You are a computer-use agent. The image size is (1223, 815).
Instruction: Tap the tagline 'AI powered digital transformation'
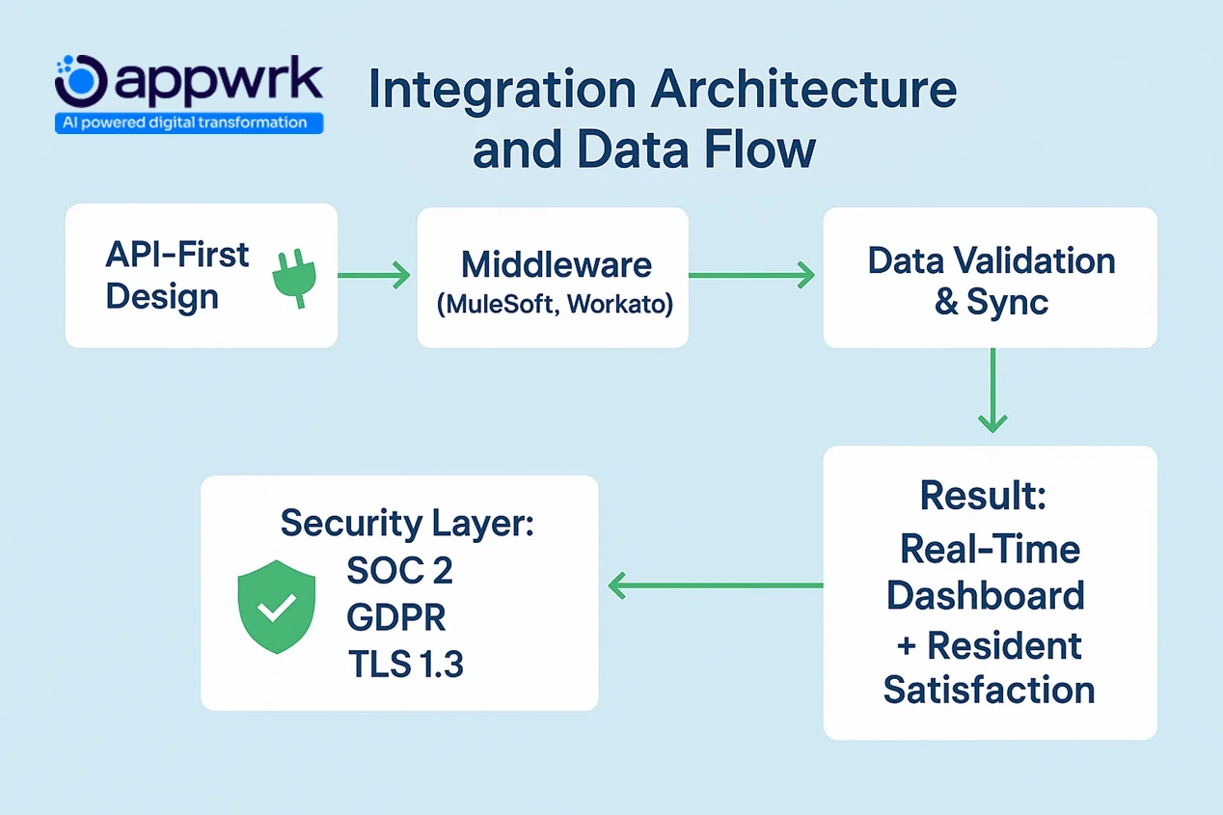[188, 123]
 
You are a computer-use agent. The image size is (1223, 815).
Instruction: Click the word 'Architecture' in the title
[804, 90]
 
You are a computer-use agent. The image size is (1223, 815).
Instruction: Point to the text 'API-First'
[177, 256]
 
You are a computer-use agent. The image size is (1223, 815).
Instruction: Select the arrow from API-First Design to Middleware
[375, 277]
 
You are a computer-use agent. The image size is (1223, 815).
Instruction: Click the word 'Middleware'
[557, 264]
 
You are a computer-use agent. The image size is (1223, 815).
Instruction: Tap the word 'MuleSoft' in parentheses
[499, 304]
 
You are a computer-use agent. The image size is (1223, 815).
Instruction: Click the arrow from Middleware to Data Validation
[752, 277]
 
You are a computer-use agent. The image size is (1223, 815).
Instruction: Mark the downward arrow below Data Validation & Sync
[992, 391]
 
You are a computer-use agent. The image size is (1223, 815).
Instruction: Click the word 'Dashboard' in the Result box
[986, 595]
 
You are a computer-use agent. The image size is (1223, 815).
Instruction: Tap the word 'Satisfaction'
[989, 690]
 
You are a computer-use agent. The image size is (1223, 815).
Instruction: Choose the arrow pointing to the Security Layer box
[714, 584]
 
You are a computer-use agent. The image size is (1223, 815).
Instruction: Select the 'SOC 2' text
[399, 571]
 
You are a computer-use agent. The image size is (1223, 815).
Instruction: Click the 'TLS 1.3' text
[405, 665]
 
